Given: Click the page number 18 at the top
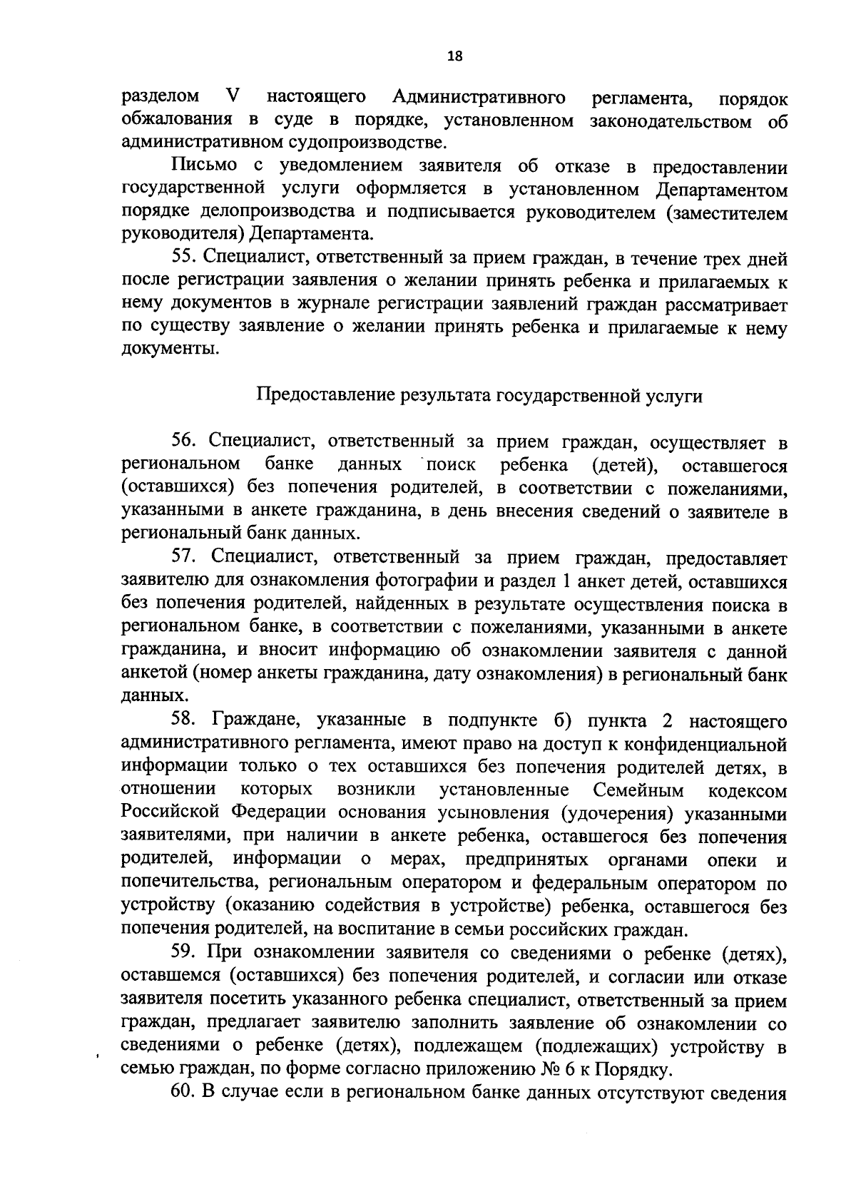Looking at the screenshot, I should (x=454, y=57).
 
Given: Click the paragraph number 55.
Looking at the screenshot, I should (x=184, y=258).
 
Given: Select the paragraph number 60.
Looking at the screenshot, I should (x=184, y=1093).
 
